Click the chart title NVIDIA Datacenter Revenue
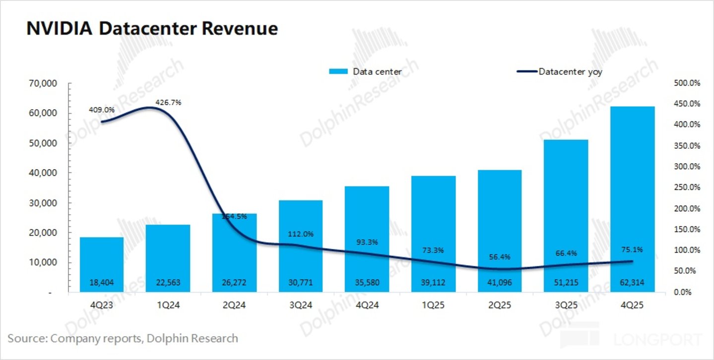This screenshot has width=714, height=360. tap(152, 29)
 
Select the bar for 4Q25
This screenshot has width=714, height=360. tap(632, 198)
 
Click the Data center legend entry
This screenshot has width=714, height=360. tap(365, 72)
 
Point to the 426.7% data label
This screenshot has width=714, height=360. tap(169, 103)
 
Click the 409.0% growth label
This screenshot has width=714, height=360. tap(102, 110)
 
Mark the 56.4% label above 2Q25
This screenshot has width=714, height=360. tap(500, 257)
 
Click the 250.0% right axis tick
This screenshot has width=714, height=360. tap(687, 187)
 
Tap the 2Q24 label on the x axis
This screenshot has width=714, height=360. tap(234, 305)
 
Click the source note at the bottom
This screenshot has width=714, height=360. tap(123, 339)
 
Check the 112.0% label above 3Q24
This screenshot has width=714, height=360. tap(301, 234)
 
